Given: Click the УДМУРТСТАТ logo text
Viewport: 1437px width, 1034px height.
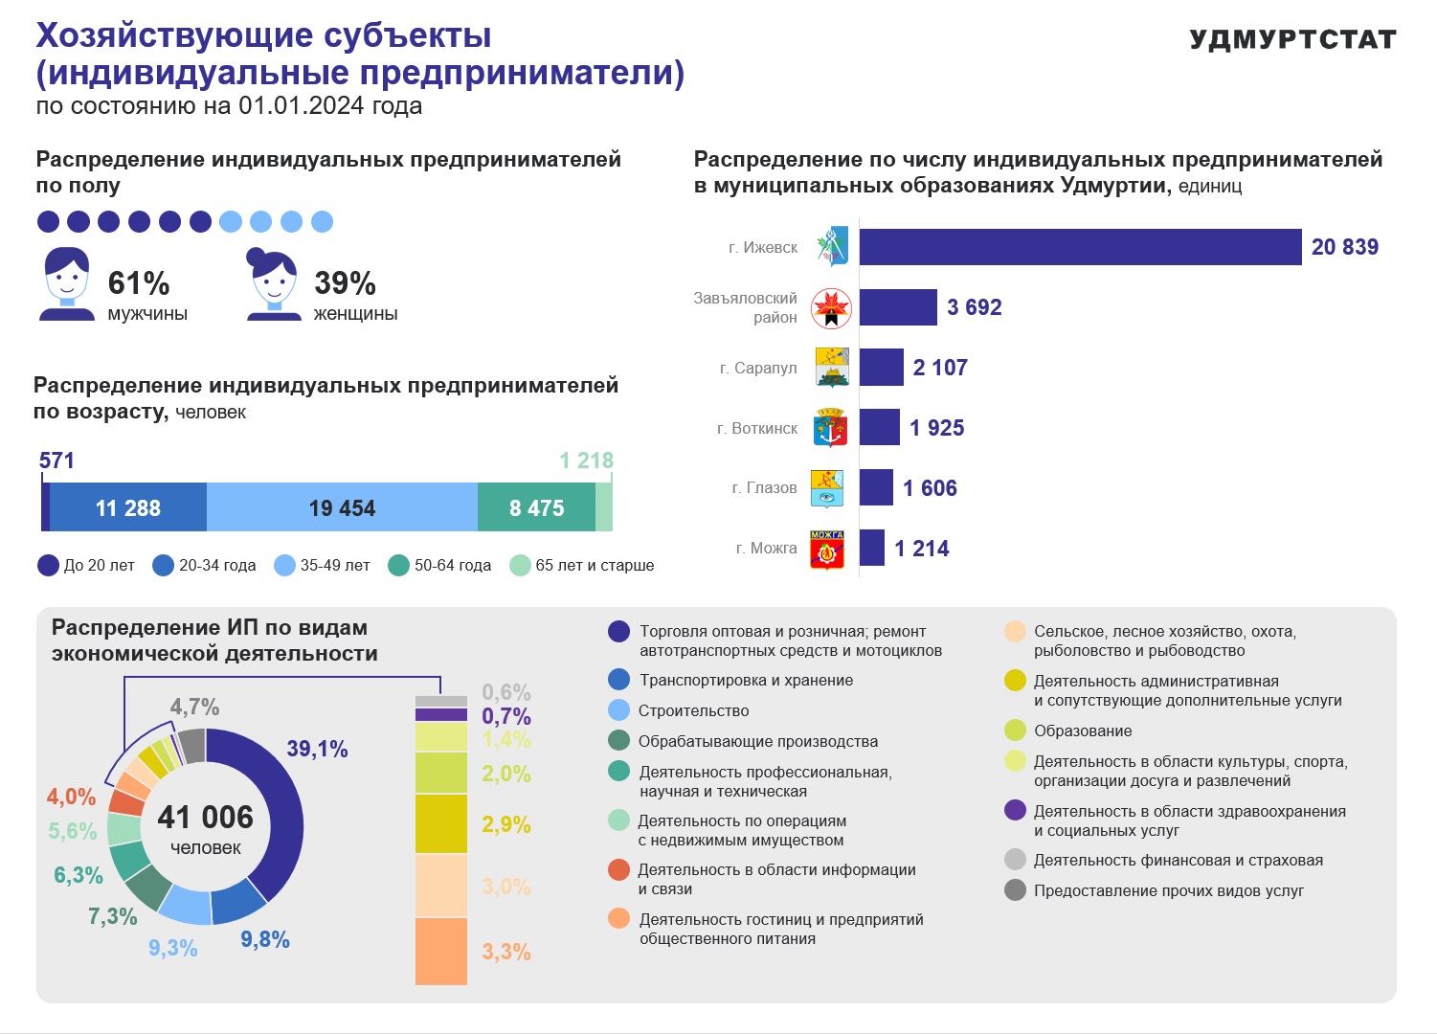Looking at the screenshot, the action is tap(1292, 39).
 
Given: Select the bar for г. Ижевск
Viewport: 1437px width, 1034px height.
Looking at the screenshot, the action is tap(1080, 247).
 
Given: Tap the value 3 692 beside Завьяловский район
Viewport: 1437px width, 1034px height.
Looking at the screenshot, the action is tap(974, 307).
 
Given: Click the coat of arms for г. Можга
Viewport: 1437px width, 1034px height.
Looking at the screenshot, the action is tap(827, 549).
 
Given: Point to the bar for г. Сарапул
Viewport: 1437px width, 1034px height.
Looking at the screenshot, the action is tap(882, 368).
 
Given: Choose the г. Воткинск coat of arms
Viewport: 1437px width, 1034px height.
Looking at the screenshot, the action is tap(830, 427).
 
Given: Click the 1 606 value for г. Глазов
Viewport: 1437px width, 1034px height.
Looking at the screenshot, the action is tap(930, 488).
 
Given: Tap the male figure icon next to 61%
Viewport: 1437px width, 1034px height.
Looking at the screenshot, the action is tap(67, 283).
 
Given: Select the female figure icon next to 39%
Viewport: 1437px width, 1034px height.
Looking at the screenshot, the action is tap(274, 283).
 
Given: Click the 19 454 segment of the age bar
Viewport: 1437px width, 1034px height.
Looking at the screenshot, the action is tap(342, 506).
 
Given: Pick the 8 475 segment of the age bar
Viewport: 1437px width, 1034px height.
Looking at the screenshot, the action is tap(536, 506).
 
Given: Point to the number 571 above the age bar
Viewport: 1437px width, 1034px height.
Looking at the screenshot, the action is tap(56, 460).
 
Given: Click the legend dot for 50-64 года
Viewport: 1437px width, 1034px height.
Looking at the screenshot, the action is tap(398, 566).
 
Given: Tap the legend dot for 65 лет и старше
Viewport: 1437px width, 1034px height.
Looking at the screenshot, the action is tap(520, 566).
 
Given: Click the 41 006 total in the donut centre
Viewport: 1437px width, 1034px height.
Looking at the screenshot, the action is tap(205, 817).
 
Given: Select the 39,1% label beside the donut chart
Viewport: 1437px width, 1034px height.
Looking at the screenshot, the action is tap(317, 749).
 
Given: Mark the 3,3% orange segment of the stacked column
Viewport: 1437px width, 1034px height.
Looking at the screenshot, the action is tap(441, 952).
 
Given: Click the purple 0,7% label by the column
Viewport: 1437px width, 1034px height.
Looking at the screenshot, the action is tap(506, 716).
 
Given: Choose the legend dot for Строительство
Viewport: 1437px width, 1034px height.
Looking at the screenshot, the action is tap(618, 710).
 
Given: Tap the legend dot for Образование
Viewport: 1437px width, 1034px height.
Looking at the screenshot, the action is tap(1015, 730).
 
